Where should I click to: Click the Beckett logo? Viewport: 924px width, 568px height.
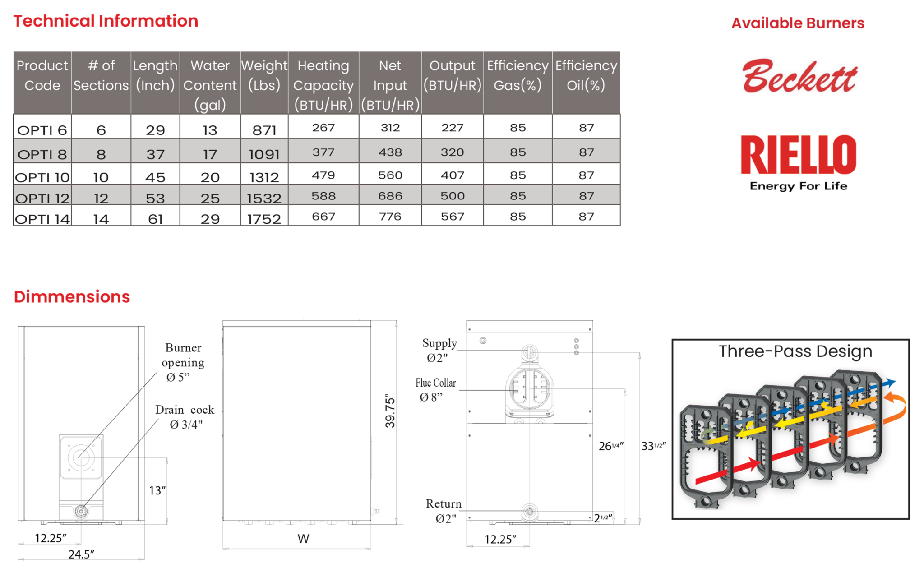(799, 76)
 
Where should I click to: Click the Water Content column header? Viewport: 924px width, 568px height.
(210, 85)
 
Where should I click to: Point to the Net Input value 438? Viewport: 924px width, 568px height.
(390, 152)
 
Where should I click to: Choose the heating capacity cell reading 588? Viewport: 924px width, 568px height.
(323, 196)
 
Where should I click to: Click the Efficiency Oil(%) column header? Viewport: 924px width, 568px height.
(586, 75)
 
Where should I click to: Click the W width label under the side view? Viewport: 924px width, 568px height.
(303, 539)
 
